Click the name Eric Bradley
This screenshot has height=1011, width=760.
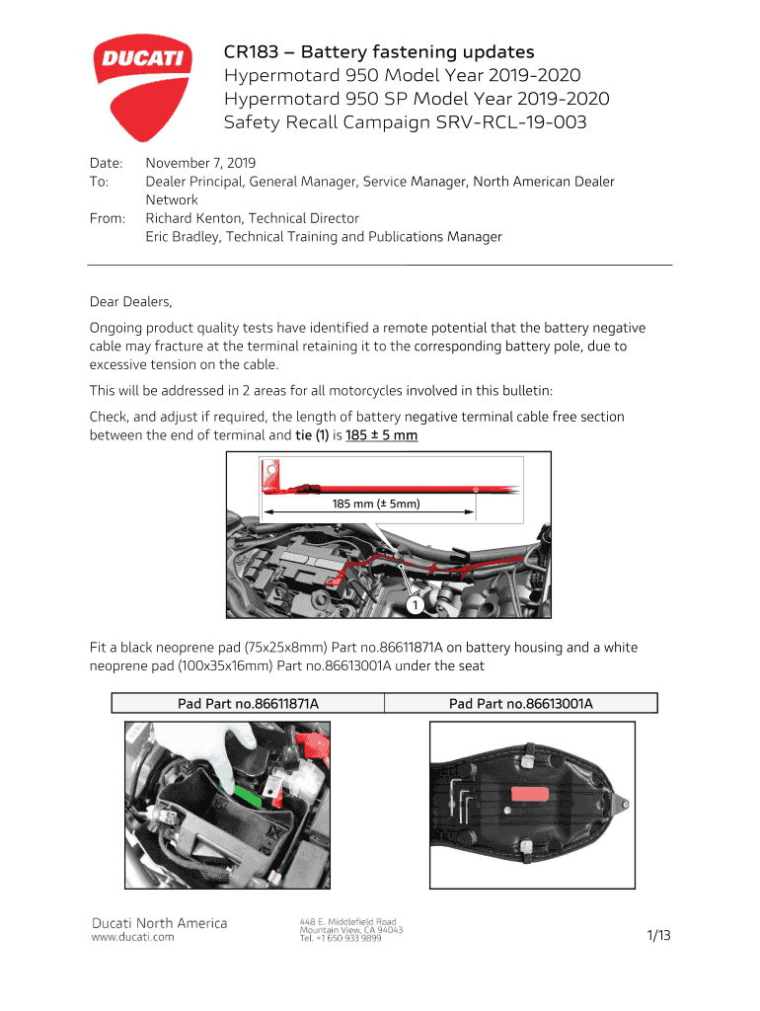click(184, 237)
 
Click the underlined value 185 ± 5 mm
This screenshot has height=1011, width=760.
click(382, 435)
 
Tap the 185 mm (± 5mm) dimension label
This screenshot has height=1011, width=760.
click(376, 504)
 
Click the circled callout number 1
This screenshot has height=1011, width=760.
click(417, 602)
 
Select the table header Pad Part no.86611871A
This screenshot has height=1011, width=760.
click(248, 704)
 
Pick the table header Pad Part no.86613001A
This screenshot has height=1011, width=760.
click(520, 704)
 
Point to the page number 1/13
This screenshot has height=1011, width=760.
click(658, 936)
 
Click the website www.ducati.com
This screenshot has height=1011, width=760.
click(132, 937)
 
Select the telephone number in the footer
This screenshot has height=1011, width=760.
click(341, 939)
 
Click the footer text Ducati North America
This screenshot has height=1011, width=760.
click(159, 923)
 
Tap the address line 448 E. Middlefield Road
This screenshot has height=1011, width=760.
click(347, 921)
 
